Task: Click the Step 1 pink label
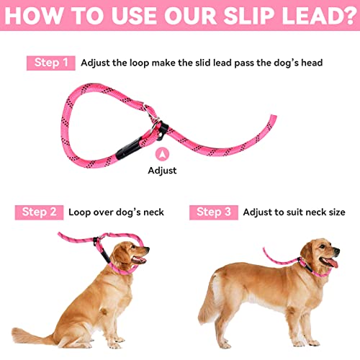(51, 63)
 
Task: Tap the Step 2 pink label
(39, 212)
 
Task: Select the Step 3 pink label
(214, 212)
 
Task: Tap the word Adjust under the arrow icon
(162, 171)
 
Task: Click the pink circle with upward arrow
(162, 153)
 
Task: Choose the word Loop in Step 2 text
(81, 212)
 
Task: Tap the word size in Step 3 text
(333, 212)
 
